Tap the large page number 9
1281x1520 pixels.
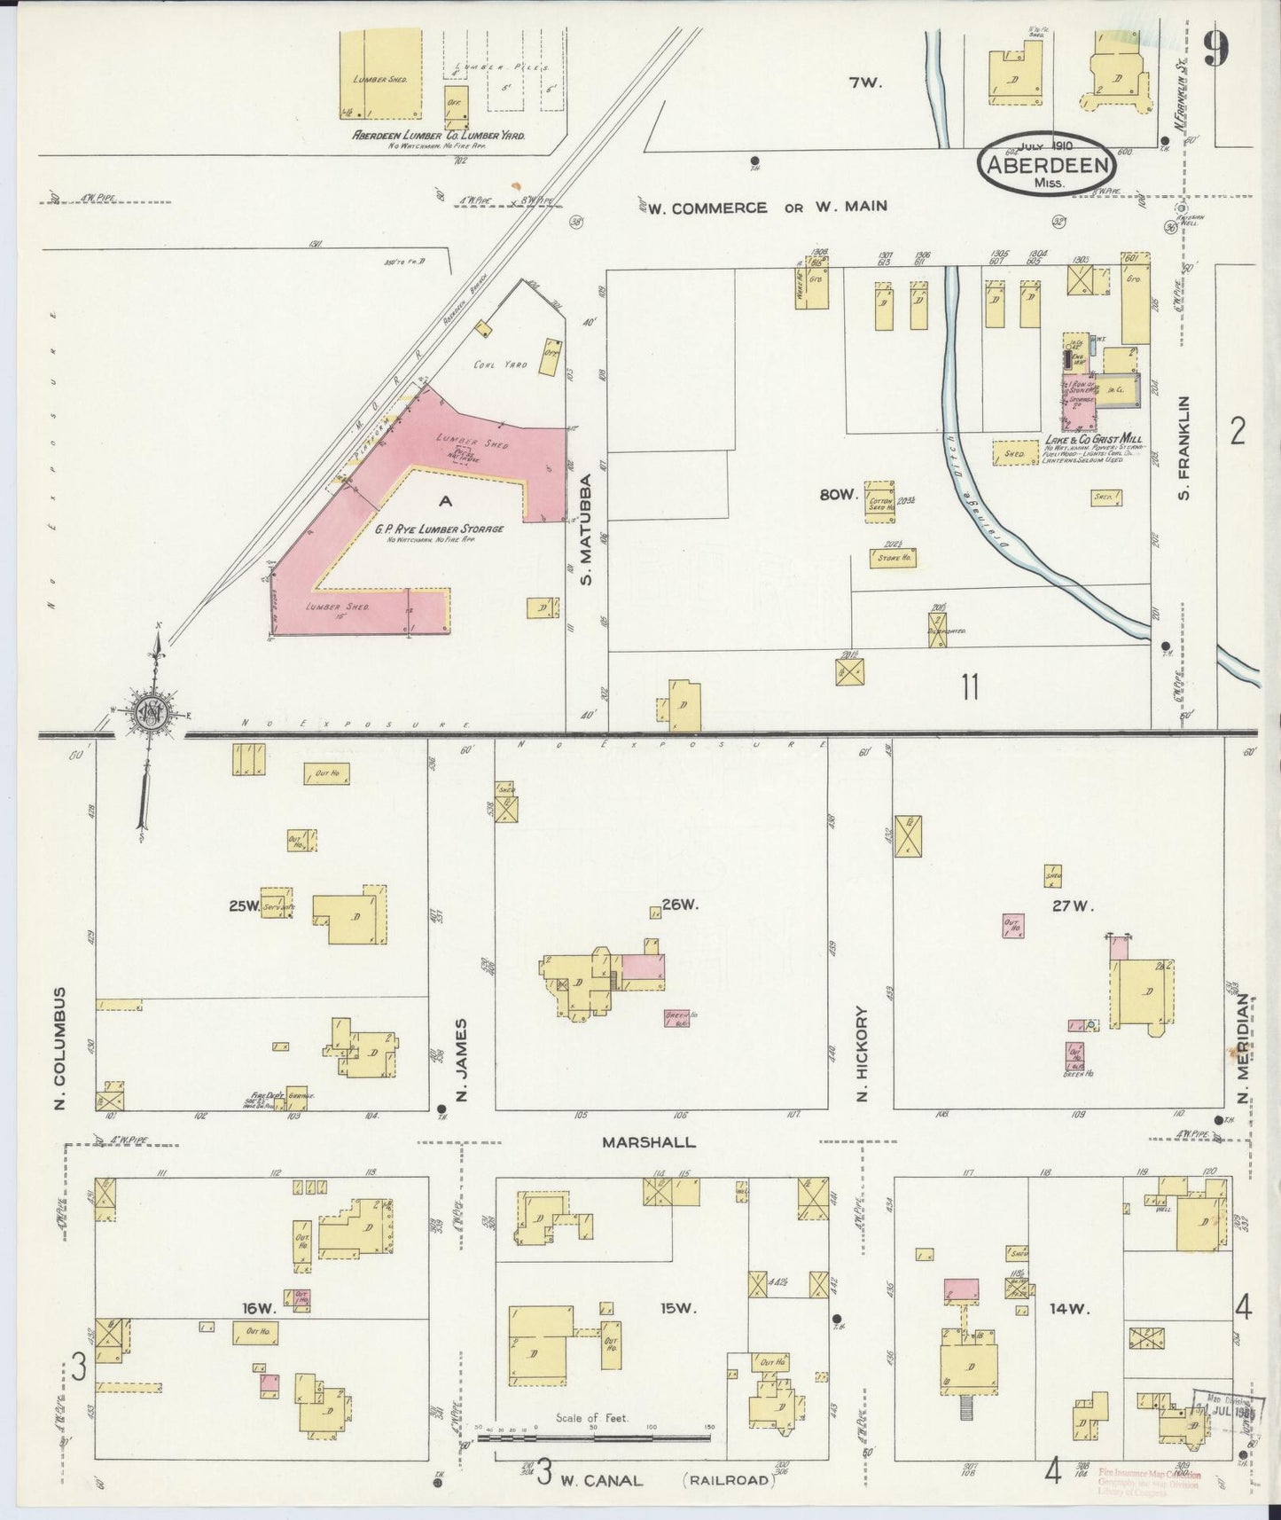(x=1216, y=50)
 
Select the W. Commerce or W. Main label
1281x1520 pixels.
(x=767, y=208)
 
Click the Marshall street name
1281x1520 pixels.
(x=649, y=1142)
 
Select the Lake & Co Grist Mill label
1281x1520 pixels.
(x=1092, y=440)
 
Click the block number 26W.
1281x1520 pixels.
(x=681, y=905)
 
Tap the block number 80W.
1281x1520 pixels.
(x=838, y=495)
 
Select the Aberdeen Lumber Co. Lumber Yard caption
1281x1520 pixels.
(x=439, y=136)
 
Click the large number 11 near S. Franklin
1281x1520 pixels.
(x=969, y=686)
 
